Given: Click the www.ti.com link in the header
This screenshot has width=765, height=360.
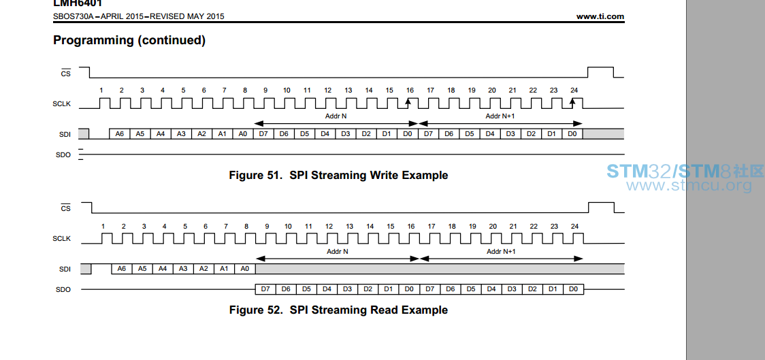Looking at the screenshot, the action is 600,16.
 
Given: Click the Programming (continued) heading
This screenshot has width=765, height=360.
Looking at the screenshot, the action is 129,40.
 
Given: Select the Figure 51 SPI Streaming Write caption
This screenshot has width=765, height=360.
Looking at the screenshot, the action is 338,175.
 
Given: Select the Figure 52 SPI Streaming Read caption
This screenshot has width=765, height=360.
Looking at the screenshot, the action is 338,310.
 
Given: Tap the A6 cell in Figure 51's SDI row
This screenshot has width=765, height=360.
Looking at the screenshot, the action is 120,133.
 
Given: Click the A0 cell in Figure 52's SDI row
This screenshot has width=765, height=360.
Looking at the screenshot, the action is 245,269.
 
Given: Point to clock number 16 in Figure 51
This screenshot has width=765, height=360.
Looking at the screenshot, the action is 410,91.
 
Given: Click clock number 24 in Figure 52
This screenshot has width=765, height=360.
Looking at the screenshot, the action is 574,227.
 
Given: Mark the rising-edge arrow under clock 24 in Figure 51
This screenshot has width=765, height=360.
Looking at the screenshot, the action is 573,103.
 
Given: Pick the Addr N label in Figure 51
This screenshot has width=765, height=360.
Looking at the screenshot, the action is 336,116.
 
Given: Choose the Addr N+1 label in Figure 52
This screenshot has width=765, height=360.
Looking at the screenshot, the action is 501,252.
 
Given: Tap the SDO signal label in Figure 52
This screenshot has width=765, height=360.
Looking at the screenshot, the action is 63,290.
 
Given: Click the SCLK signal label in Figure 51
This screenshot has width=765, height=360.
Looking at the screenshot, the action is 61,104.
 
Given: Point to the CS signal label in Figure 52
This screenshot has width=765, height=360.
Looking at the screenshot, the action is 65,208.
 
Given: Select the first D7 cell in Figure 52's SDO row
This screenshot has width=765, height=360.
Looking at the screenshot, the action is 265,289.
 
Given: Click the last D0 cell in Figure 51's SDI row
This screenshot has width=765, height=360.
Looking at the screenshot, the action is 572,133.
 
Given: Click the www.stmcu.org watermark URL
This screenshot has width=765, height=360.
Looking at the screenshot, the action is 689,185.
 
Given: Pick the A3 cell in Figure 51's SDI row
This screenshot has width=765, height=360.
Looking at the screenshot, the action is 182,133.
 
